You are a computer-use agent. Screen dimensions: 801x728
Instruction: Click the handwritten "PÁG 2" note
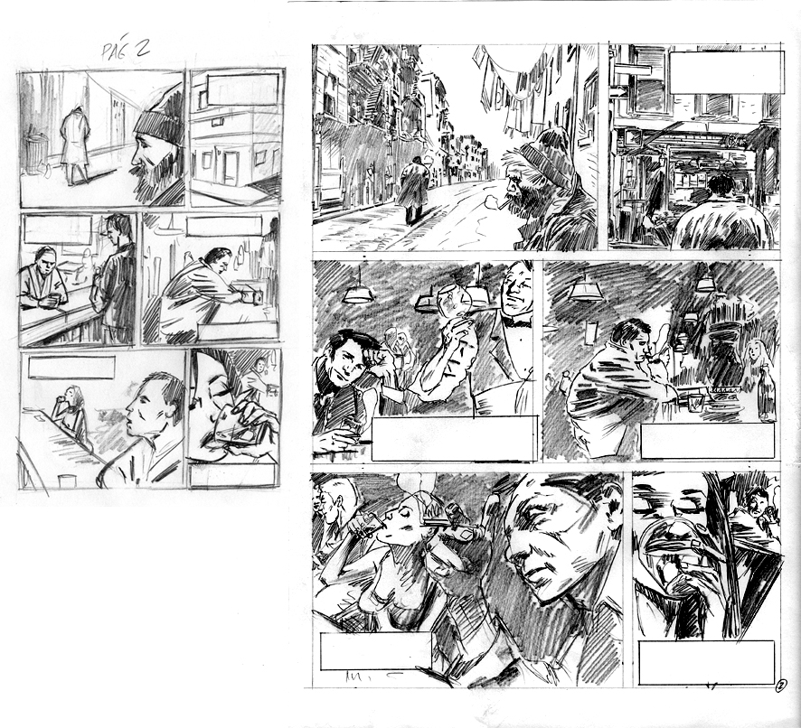(x=125, y=50)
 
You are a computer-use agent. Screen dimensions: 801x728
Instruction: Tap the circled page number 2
(x=780, y=686)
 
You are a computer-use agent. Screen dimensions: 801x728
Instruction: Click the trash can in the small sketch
(x=36, y=153)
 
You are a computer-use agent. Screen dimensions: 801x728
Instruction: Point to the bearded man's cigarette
(x=503, y=205)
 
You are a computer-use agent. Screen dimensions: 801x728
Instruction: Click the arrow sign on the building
(x=617, y=92)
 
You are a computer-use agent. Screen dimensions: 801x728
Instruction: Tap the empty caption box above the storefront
(x=727, y=72)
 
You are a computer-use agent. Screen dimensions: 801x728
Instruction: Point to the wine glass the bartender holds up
(x=455, y=301)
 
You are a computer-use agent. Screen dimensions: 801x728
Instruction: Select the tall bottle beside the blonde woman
(x=767, y=393)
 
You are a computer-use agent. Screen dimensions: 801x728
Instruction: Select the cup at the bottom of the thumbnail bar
(x=65, y=481)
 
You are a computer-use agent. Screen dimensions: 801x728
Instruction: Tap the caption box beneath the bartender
(x=454, y=439)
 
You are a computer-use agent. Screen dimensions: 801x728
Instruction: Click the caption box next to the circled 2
(x=706, y=663)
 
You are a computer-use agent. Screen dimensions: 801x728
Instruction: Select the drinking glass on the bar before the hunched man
(x=695, y=402)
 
